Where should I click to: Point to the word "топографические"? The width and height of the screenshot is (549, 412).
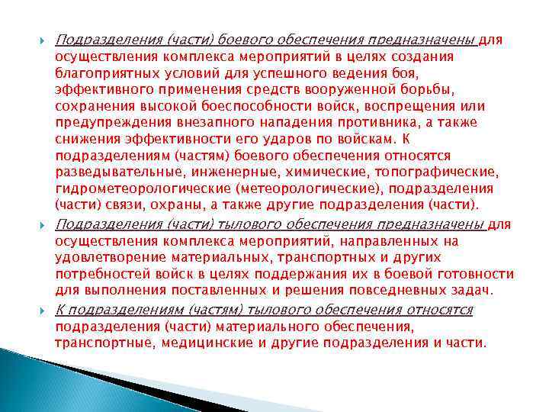tap(432, 172)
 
